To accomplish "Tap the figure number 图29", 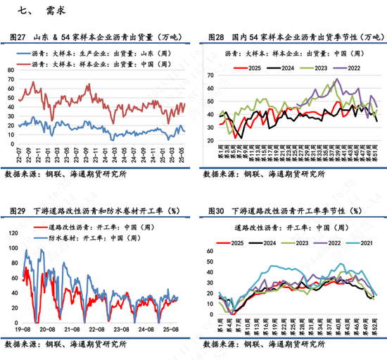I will coord(16,211).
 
